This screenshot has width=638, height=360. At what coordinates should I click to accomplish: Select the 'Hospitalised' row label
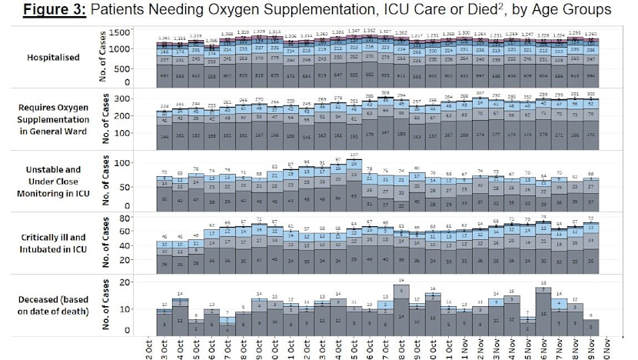tap(67, 57)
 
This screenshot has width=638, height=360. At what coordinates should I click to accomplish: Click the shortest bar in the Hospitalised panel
tap(212, 62)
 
